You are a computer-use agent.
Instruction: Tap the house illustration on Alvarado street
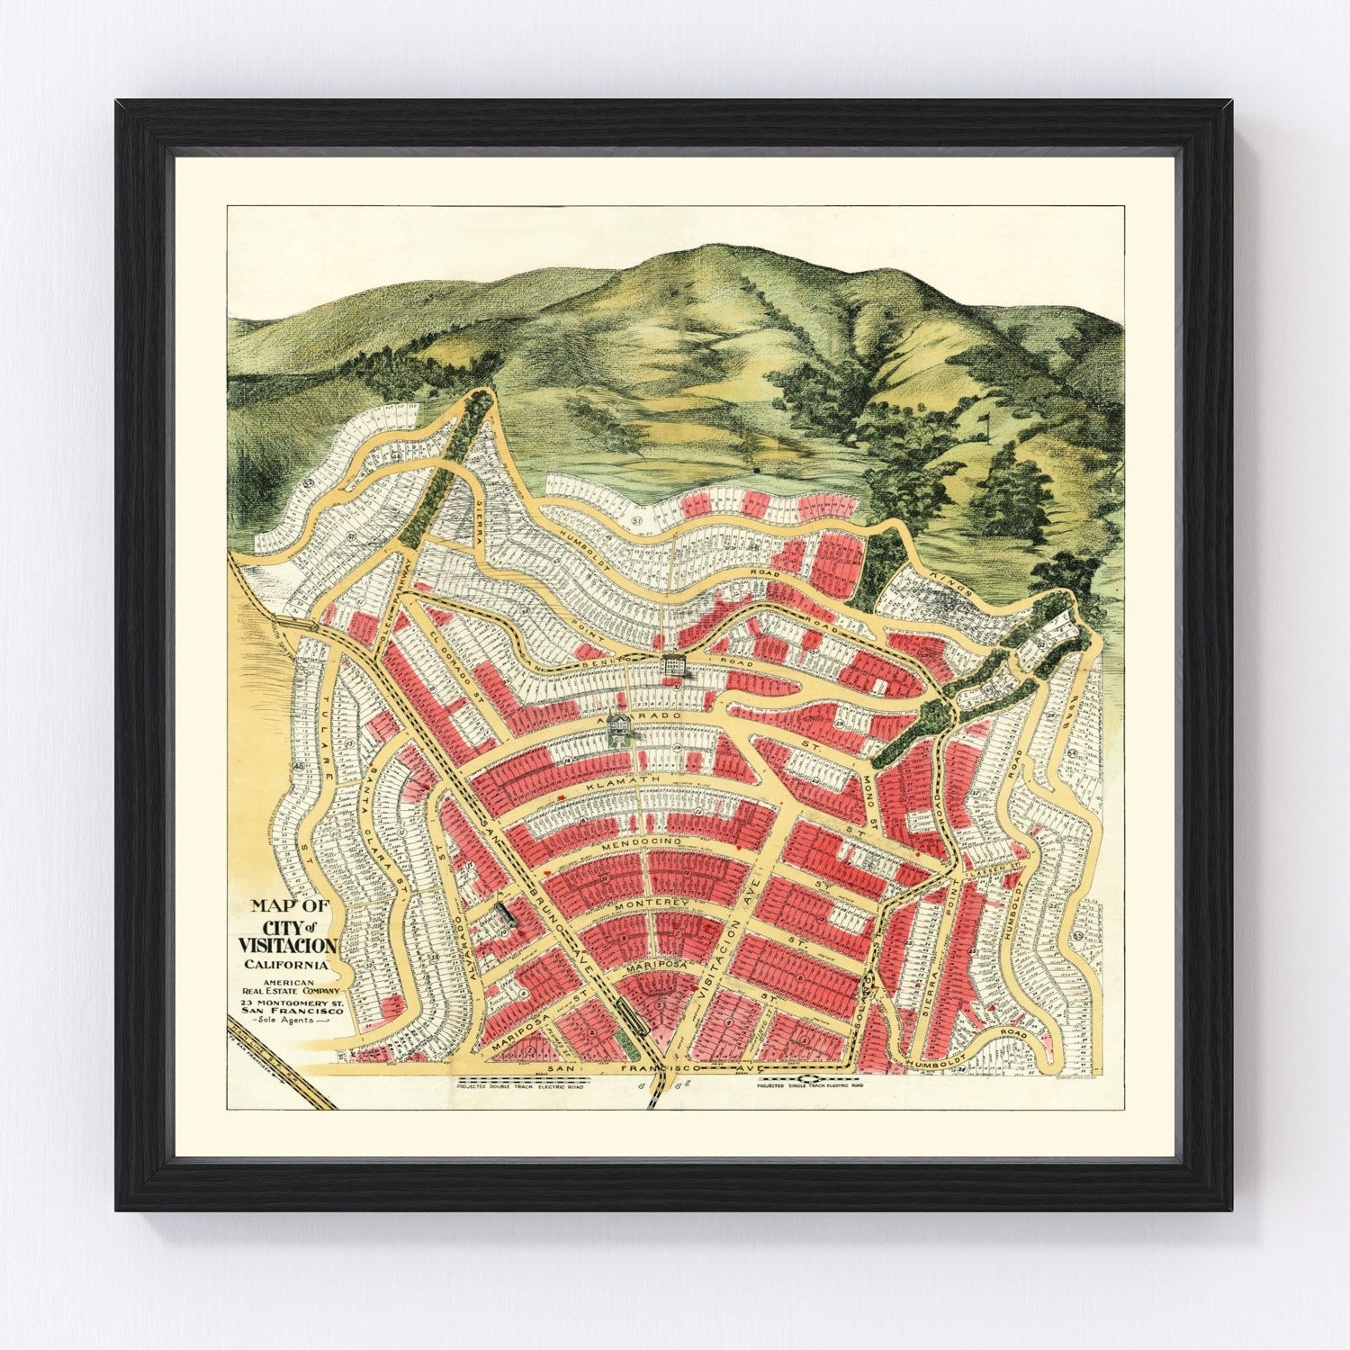pyautogui.click(x=620, y=727)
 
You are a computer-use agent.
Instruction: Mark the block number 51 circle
pyautogui.click(x=638, y=519)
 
